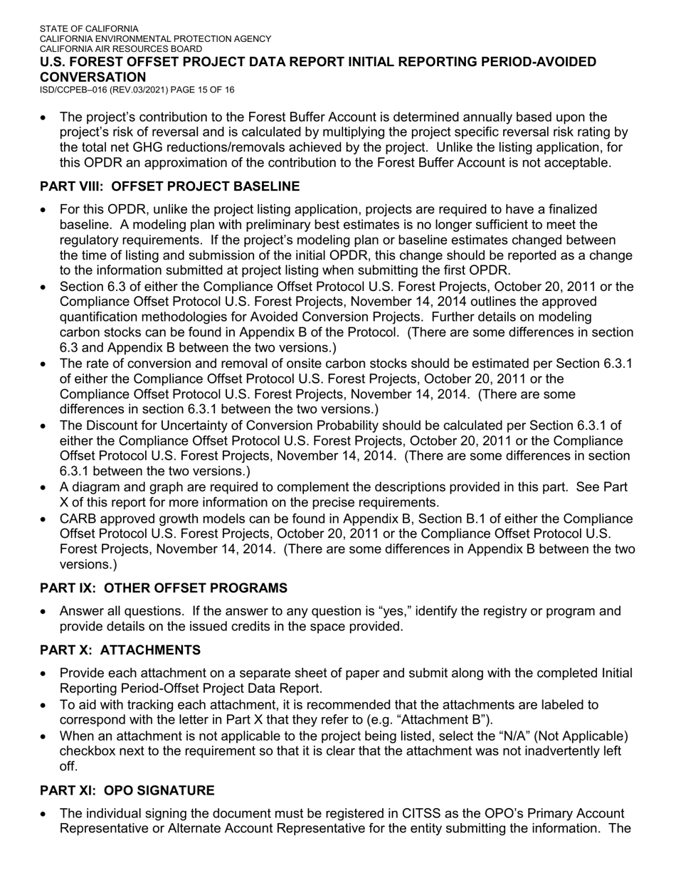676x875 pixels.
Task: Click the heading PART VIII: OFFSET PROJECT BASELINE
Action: point(169,186)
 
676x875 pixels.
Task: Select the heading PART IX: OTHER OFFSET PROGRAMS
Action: point(164,588)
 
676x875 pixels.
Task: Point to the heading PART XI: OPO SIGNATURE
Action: point(127,790)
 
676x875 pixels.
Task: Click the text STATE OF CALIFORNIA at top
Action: point(89,29)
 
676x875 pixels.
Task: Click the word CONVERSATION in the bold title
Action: point(93,77)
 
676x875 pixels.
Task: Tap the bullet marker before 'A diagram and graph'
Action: point(45,488)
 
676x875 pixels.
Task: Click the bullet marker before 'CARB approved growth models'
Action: point(45,519)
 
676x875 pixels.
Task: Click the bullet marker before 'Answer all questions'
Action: point(45,612)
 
